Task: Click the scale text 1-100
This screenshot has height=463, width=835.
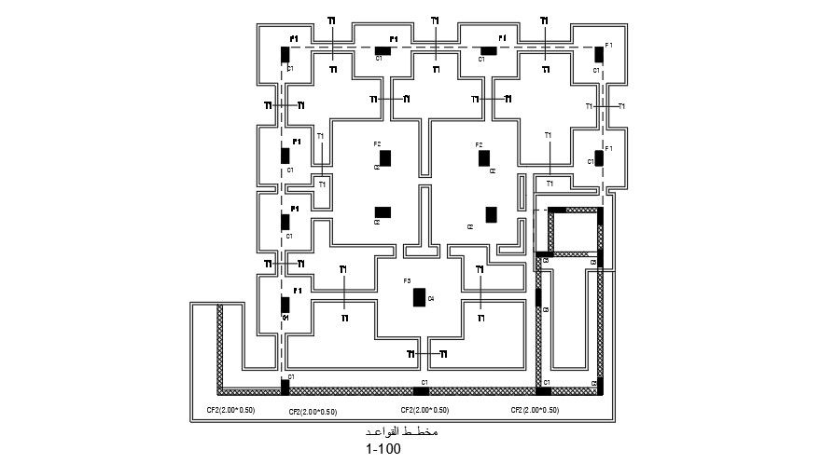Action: coord(383,449)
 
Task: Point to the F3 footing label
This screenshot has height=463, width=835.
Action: coord(407,280)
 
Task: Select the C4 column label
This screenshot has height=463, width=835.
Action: coord(430,299)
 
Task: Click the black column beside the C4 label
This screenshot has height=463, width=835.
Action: coord(419,297)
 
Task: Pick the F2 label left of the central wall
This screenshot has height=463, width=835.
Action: coord(377,144)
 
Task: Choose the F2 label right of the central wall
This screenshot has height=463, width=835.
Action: coord(479,144)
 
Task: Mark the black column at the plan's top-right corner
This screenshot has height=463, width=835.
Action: coord(598,54)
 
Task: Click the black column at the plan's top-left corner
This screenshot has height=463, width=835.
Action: coord(285,54)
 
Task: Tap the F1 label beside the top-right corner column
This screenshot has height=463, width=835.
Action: coord(608,45)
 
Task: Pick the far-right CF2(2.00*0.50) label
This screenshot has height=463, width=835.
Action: coord(536,410)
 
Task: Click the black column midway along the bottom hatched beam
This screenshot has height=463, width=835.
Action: coord(421,390)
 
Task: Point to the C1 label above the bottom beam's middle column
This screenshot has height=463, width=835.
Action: coord(424,383)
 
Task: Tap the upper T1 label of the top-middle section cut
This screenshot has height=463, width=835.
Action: coord(435,20)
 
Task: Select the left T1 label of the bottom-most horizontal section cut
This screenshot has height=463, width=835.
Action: coord(411,354)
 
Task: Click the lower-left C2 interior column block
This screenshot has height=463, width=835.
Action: coord(383,211)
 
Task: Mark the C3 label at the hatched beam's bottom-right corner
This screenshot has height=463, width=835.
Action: coord(594,384)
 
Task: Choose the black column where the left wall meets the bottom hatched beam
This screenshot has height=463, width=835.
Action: coord(285,388)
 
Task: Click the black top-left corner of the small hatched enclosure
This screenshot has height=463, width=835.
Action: coord(553,211)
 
